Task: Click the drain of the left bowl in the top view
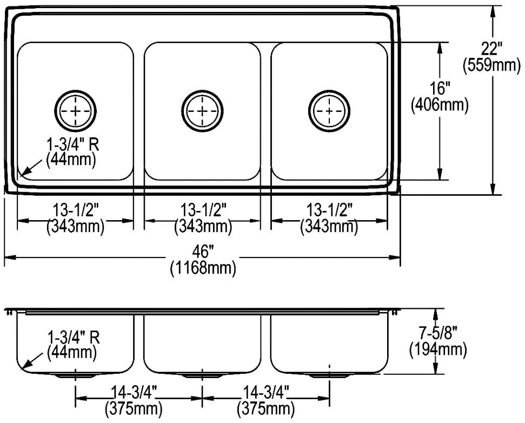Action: (75, 111)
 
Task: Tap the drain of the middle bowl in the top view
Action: (202, 111)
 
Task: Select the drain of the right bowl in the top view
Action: (329, 111)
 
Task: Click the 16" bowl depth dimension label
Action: (439, 89)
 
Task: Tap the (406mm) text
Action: (439, 105)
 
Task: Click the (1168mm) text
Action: (203, 268)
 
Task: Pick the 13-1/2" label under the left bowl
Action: (76, 210)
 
